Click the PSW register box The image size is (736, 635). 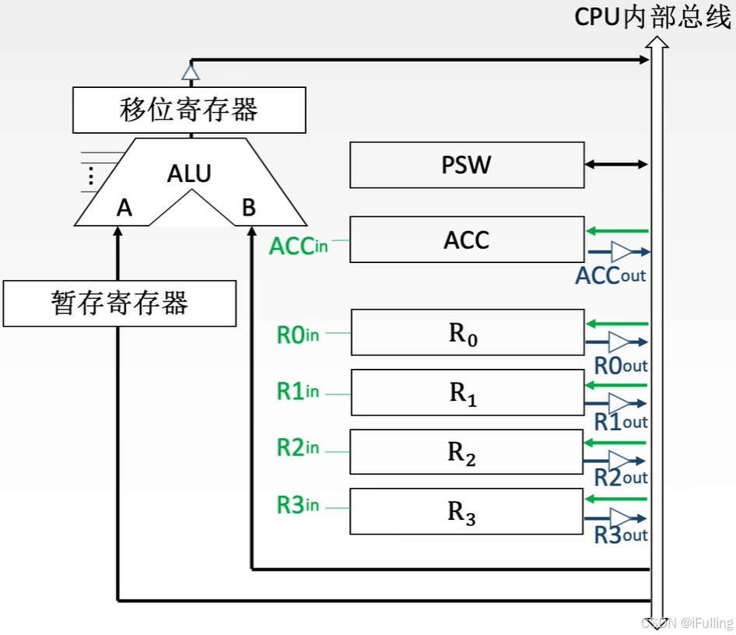click(x=467, y=165)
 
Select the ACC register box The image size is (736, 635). click(x=467, y=240)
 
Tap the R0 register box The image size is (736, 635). click(x=467, y=332)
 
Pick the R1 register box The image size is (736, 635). click(x=467, y=392)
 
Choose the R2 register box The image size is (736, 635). click(x=467, y=452)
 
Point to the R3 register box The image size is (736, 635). click(x=467, y=511)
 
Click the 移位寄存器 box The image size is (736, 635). click(x=189, y=110)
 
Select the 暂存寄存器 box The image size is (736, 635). click(x=120, y=303)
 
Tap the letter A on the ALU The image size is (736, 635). click(x=124, y=208)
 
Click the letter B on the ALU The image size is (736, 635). click(x=249, y=208)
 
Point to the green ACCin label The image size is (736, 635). click(x=298, y=246)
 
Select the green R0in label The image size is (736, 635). click(x=298, y=335)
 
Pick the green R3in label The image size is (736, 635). click(x=298, y=505)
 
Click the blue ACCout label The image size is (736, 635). click(x=611, y=275)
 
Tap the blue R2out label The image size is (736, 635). click(x=621, y=478)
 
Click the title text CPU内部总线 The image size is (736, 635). click(x=653, y=17)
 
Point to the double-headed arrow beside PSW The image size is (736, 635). click(x=616, y=164)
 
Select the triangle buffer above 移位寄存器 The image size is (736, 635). click(x=191, y=72)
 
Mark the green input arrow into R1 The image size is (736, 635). click(x=616, y=384)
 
